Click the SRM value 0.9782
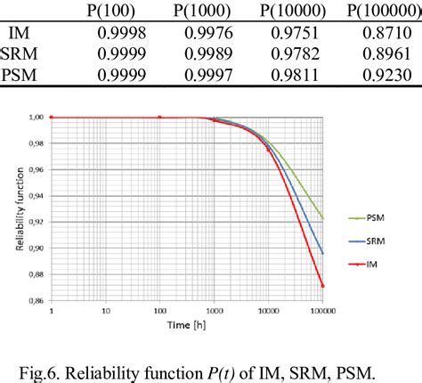[x=304, y=54]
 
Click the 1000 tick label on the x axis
[x=214, y=312]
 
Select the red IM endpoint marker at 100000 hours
[x=321, y=286]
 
